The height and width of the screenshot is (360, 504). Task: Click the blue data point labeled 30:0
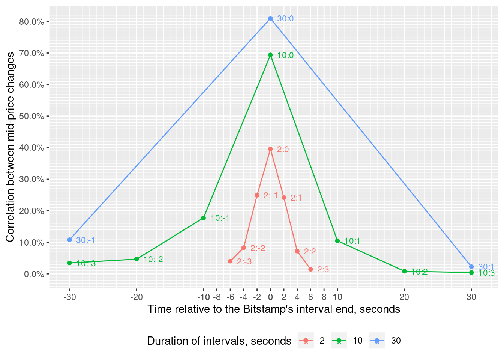[x=270, y=18]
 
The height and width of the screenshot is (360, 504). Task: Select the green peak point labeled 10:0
[x=270, y=55]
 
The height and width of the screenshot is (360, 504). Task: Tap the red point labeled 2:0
[x=270, y=149]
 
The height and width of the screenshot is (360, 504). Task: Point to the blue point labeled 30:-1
[x=69, y=240]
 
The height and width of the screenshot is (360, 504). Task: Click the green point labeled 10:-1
[x=204, y=218]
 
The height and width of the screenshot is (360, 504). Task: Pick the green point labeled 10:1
[x=337, y=241]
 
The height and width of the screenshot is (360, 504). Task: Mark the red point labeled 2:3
[x=310, y=269]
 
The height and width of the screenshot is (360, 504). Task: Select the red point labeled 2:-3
[x=230, y=261]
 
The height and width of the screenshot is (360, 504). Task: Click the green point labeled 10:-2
[x=136, y=259]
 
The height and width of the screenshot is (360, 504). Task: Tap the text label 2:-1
[x=271, y=196]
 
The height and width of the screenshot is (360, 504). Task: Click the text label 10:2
[x=419, y=272]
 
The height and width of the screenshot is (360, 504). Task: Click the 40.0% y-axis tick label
[x=31, y=148]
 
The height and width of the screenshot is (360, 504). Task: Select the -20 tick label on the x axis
[x=136, y=297]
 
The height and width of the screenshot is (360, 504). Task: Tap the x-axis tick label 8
[x=324, y=297]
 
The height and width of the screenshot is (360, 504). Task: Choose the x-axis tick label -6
[x=230, y=297]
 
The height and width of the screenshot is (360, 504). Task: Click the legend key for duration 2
[x=306, y=340]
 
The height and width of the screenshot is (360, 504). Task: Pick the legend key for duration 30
[x=376, y=340]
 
